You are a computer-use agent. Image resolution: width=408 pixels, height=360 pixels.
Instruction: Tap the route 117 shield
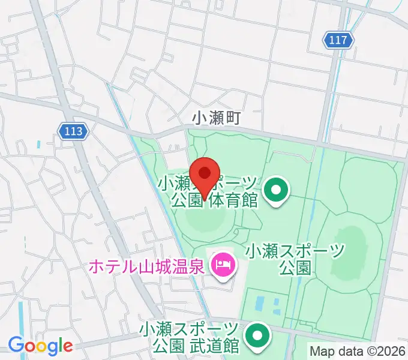[x=338, y=40]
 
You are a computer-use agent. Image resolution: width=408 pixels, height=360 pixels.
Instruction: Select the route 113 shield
[x=74, y=130]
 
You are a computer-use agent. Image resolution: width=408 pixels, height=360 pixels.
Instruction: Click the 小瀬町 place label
[x=216, y=118]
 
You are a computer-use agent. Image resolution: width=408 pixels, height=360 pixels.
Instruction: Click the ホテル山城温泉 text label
[x=148, y=265]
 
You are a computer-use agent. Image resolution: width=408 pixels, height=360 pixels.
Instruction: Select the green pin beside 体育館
[x=276, y=191]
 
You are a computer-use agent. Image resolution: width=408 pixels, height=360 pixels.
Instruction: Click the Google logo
[x=40, y=346]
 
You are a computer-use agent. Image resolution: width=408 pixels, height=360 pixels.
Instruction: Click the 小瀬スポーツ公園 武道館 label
[x=189, y=337]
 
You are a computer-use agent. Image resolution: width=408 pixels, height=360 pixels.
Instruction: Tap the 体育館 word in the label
[x=233, y=200]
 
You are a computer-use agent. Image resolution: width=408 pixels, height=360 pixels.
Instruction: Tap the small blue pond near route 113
[x=39, y=145]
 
